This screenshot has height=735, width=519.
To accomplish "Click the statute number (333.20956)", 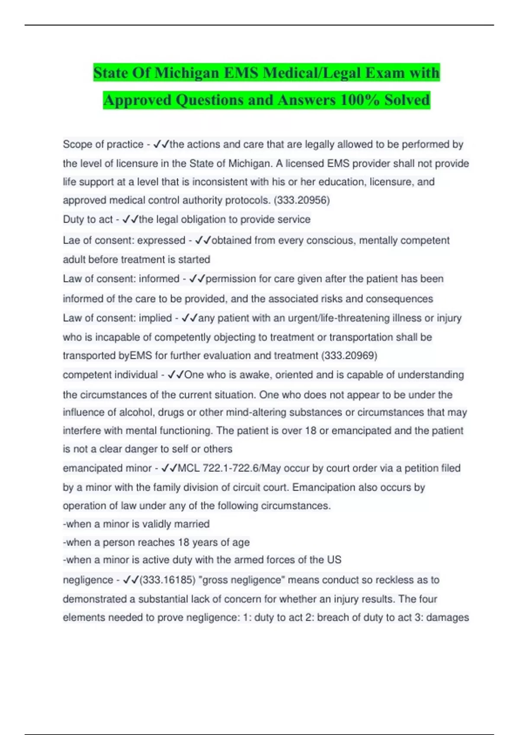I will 302,200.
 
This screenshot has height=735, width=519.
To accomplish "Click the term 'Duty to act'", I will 87,219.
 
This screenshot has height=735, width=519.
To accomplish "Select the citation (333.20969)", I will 349,355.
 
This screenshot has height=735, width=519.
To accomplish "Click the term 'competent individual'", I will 110,374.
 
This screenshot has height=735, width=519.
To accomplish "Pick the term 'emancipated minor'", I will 107,468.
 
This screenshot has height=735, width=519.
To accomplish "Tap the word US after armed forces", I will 334,559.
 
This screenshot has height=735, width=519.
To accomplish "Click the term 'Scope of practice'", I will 103,144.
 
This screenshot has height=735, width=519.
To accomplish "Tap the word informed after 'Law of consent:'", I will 159,278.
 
